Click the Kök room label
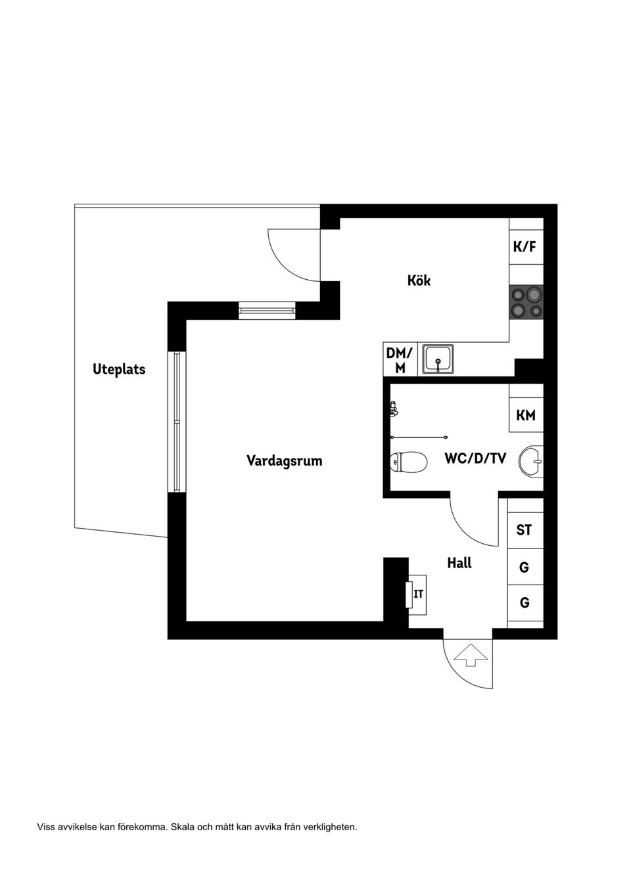[x=419, y=280]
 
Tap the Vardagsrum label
[x=284, y=460]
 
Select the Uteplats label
[x=119, y=369]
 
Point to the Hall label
[x=459, y=563]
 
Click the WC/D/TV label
[x=475, y=458]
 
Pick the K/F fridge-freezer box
[x=525, y=247]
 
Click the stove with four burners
[x=526, y=302]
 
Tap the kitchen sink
[x=438, y=359]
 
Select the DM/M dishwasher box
[x=400, y=360]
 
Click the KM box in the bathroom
[x=526, y=415]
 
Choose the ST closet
[x=525, y=530]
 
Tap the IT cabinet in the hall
[x=417, y=595]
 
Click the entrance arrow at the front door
[x=471, y=655]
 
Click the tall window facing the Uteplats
[x=177, y=422]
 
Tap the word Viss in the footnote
[x=46, y=827]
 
